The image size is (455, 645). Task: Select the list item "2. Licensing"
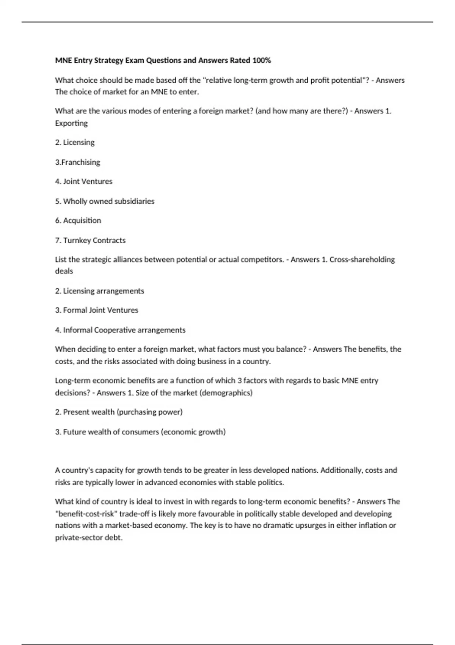point(75,142)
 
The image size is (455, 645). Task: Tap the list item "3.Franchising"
point(77,162)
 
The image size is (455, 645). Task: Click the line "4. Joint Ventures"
point(83,181)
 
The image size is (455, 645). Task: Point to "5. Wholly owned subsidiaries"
point(105,201)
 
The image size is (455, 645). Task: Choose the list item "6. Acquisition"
point(78,220)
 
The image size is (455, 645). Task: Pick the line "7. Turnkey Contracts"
point(90,240)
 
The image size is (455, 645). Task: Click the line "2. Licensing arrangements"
point(99,291)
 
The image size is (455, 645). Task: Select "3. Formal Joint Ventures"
point(96,310)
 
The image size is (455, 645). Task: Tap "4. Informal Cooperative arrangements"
point(120,330)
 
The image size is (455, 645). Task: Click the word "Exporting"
point(71,123)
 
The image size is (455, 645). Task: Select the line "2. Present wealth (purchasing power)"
point(119,412)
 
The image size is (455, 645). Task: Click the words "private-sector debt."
point(89,538)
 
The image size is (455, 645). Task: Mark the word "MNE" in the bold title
point(63,60)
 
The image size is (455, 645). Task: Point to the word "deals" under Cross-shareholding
point(64,271)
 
